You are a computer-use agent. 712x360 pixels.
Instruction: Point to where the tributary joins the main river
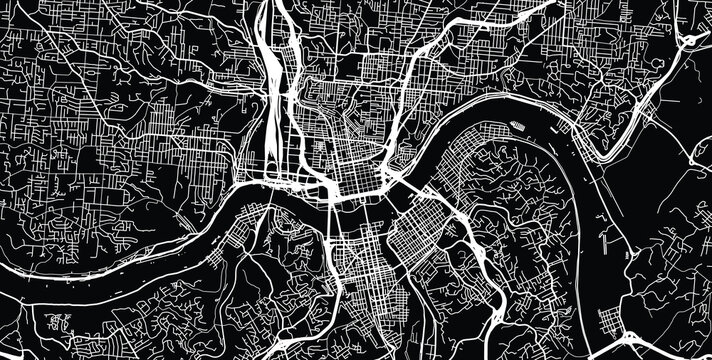pos(388,183)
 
